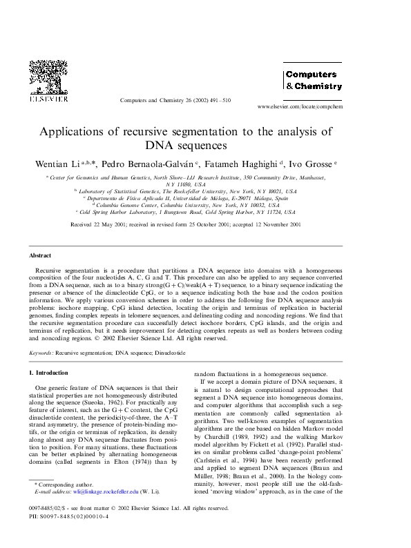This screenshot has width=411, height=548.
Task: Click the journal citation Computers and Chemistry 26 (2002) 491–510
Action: (175, 100)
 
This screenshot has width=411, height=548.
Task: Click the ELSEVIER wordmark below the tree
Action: (48, 99)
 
